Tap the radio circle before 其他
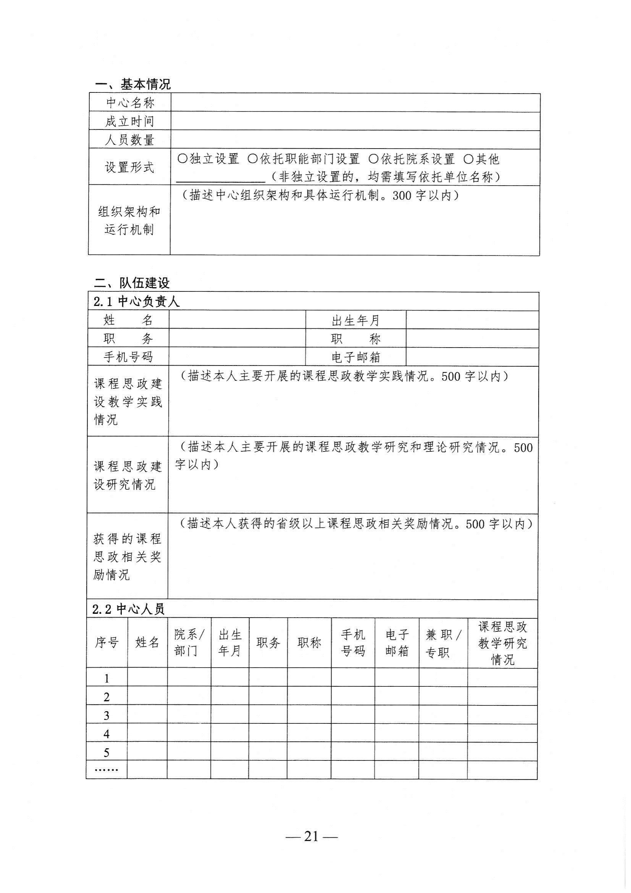[469, 159]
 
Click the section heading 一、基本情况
[133, 84]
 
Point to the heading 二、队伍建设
[132, 283]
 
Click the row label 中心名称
[130, 103]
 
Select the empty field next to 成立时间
[355, 121]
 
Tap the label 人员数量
[130, 140]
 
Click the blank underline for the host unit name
[220, 178]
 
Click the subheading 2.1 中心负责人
[136, 301]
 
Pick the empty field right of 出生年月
[472, 320]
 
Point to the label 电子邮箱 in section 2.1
[356, 357]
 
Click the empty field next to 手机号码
[237, 357]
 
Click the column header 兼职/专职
[443, 643]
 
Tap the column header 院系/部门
[189, 643]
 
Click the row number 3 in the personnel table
[107, 716]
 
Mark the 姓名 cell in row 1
[147, 678]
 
